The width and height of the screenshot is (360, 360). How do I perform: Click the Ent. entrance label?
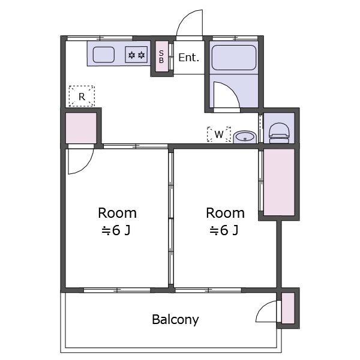(188, 58)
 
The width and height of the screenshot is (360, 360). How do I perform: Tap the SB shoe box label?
(161, 56)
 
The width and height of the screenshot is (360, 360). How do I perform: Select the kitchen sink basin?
(104, 55)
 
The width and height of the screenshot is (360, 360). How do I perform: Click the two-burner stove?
(136, 55)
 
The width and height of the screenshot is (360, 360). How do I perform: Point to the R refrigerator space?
(82, 96)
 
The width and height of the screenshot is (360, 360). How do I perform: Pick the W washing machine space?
(219, 134)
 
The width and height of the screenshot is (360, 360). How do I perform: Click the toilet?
(279, 133)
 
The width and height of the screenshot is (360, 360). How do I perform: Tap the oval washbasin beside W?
(245, 137)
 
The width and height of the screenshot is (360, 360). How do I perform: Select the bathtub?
(234, 58)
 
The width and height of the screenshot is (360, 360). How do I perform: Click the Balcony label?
(175, 319)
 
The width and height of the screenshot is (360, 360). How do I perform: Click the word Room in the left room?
(117, 213)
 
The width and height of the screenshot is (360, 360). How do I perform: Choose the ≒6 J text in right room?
(224, 230)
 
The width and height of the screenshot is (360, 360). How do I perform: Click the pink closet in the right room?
(279, 182)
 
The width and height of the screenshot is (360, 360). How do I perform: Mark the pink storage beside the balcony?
(288, 308)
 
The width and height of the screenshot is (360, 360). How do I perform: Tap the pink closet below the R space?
(81, 128)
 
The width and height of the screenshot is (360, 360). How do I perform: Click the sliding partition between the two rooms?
(171, 218)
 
